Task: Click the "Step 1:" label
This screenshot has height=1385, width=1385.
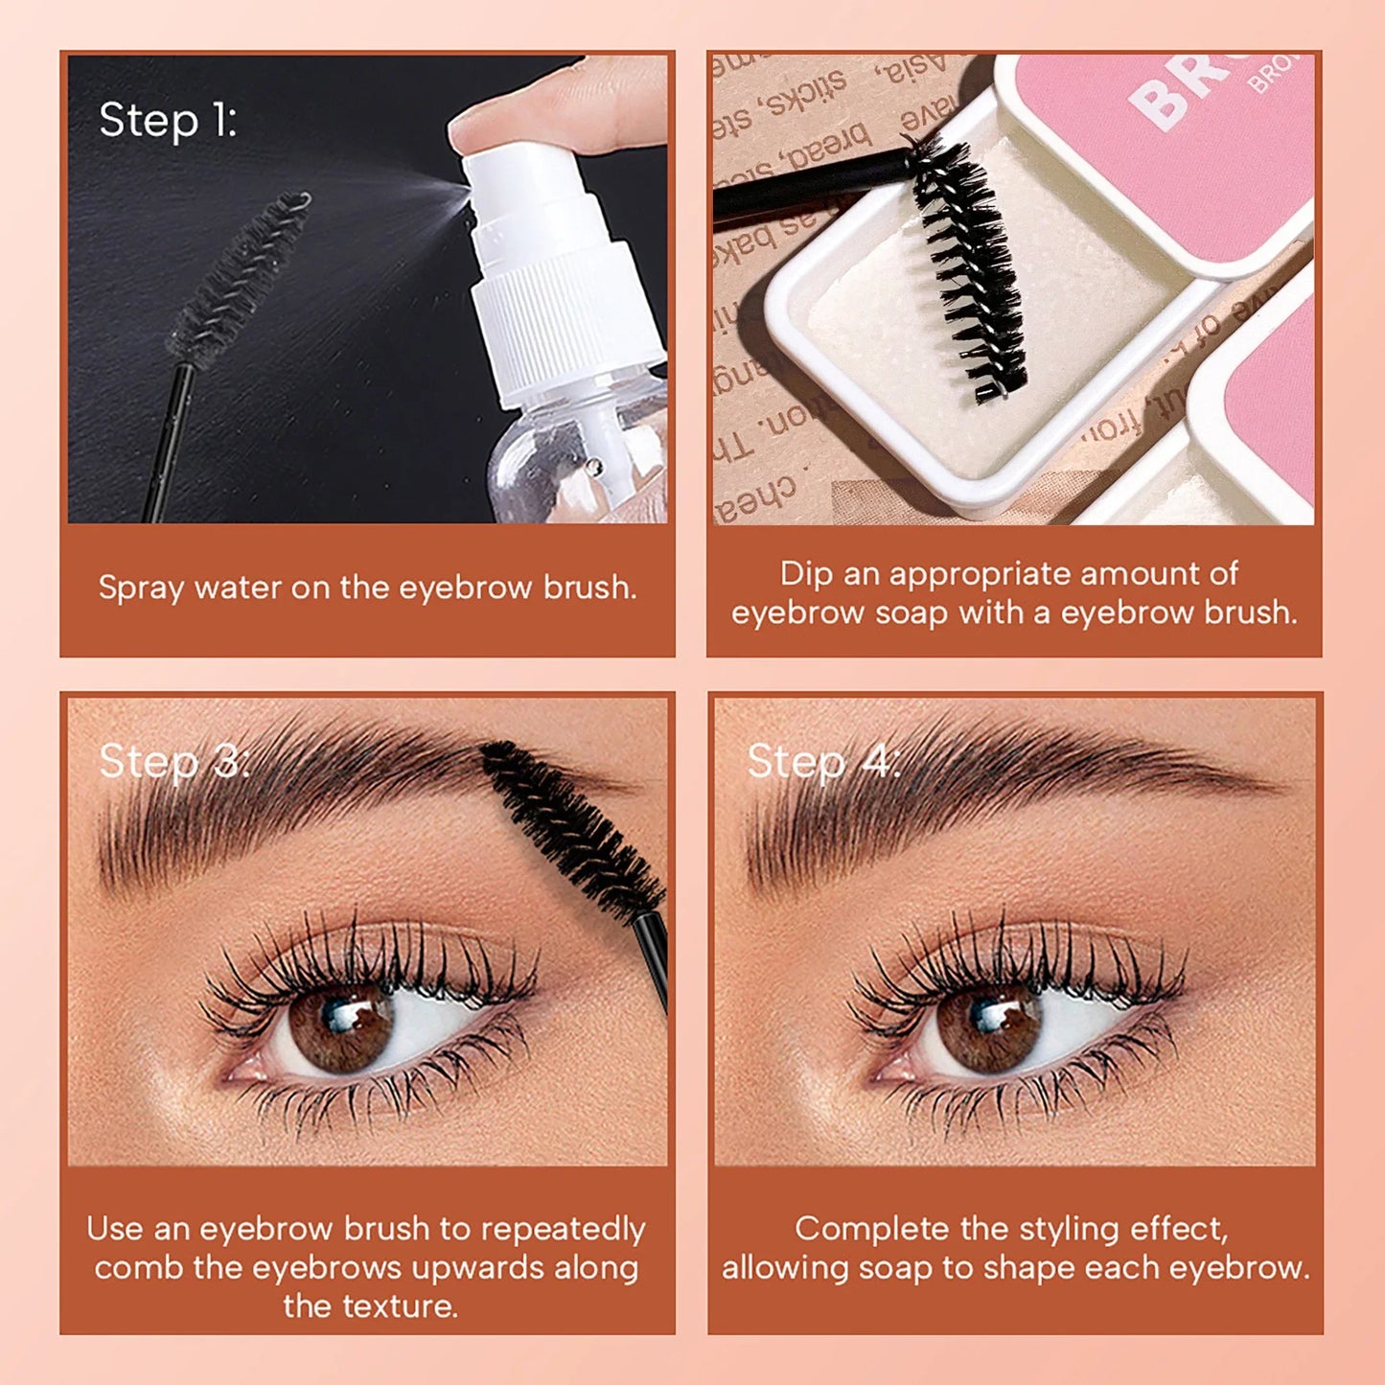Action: (168, 121)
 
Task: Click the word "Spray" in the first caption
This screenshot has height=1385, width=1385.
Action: (141, 588)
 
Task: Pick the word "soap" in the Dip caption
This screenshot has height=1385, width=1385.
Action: (912, 612)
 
